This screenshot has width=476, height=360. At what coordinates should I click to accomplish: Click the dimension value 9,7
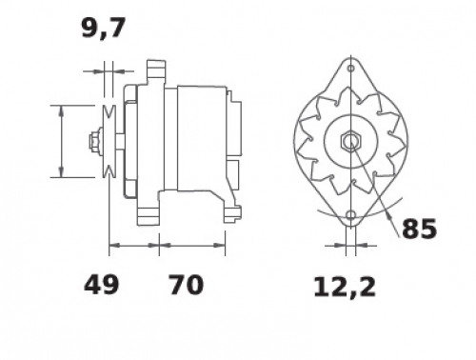point(104,29)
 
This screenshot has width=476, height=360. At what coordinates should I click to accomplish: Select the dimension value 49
point(101,285)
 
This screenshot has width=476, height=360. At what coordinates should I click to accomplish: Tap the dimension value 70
point(186,285)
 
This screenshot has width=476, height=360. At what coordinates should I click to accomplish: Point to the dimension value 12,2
point(345,288)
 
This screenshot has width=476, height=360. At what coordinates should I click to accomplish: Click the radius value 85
point(419,229)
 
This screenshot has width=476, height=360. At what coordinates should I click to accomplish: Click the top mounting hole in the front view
point(350,69)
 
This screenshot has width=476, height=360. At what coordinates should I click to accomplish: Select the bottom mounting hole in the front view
point(350,215)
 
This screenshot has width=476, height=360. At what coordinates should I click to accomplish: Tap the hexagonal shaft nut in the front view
point(350,141)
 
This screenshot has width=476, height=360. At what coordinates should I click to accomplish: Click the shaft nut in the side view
point(94,140)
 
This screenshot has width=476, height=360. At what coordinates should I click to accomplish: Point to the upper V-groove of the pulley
point(109,111)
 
